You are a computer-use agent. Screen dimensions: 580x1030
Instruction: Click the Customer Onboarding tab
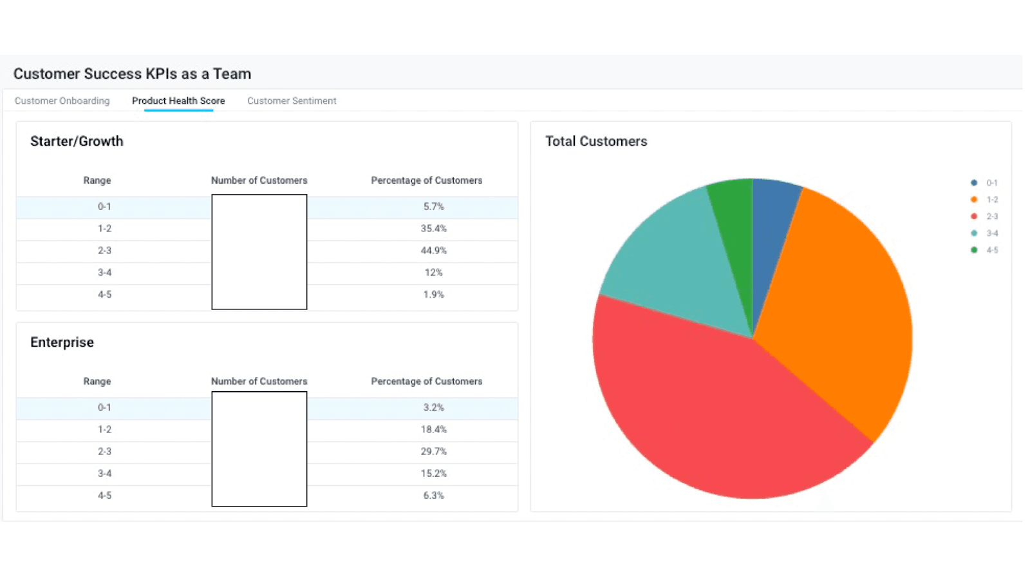62,101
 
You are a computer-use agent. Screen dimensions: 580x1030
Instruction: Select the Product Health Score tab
178,101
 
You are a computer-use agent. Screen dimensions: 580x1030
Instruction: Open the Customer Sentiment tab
292,101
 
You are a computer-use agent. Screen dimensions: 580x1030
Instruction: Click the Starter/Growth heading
77,141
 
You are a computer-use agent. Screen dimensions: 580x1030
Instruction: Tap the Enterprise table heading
62,342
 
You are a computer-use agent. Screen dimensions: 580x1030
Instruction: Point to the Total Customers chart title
596,141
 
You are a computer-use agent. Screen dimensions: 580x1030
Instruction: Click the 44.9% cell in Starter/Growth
433,251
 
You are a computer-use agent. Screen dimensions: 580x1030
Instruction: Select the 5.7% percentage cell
433,207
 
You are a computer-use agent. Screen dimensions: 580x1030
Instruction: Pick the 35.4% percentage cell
433,229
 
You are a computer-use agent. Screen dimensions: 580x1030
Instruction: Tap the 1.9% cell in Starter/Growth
433,295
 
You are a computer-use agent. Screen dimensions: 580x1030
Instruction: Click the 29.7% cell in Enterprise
433,452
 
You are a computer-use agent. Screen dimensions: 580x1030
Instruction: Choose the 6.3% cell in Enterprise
433,496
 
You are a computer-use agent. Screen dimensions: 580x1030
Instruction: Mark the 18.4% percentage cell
433,430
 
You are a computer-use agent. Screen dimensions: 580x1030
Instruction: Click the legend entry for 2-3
985,217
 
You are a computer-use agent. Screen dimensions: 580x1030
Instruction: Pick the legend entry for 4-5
985,250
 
